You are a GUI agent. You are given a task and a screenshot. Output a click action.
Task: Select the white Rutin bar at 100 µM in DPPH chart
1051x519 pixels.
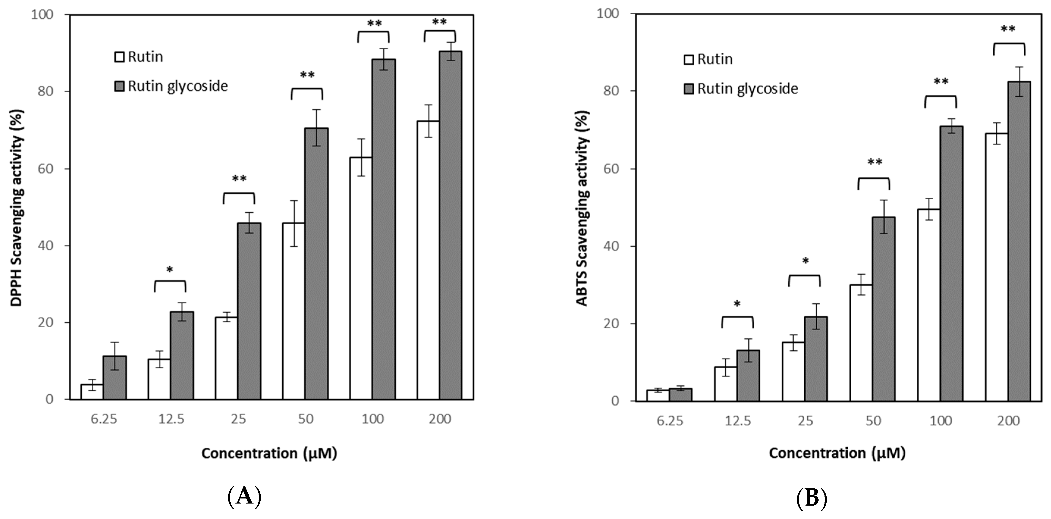coord(361,278)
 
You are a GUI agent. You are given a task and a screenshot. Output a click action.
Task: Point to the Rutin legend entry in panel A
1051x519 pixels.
coord(139,57)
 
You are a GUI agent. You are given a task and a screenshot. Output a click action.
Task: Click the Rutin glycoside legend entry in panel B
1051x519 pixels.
coord(740,89)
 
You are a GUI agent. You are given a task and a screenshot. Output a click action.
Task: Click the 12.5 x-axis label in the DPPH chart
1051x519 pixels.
coord(172,419)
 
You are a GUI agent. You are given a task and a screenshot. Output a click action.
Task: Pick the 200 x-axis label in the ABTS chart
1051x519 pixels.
coord(1008,421)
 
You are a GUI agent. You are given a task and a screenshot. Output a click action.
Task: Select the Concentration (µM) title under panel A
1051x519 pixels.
coord(269,453)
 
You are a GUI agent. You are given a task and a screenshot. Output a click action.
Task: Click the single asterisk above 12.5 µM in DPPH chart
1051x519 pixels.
coord(170,270)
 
